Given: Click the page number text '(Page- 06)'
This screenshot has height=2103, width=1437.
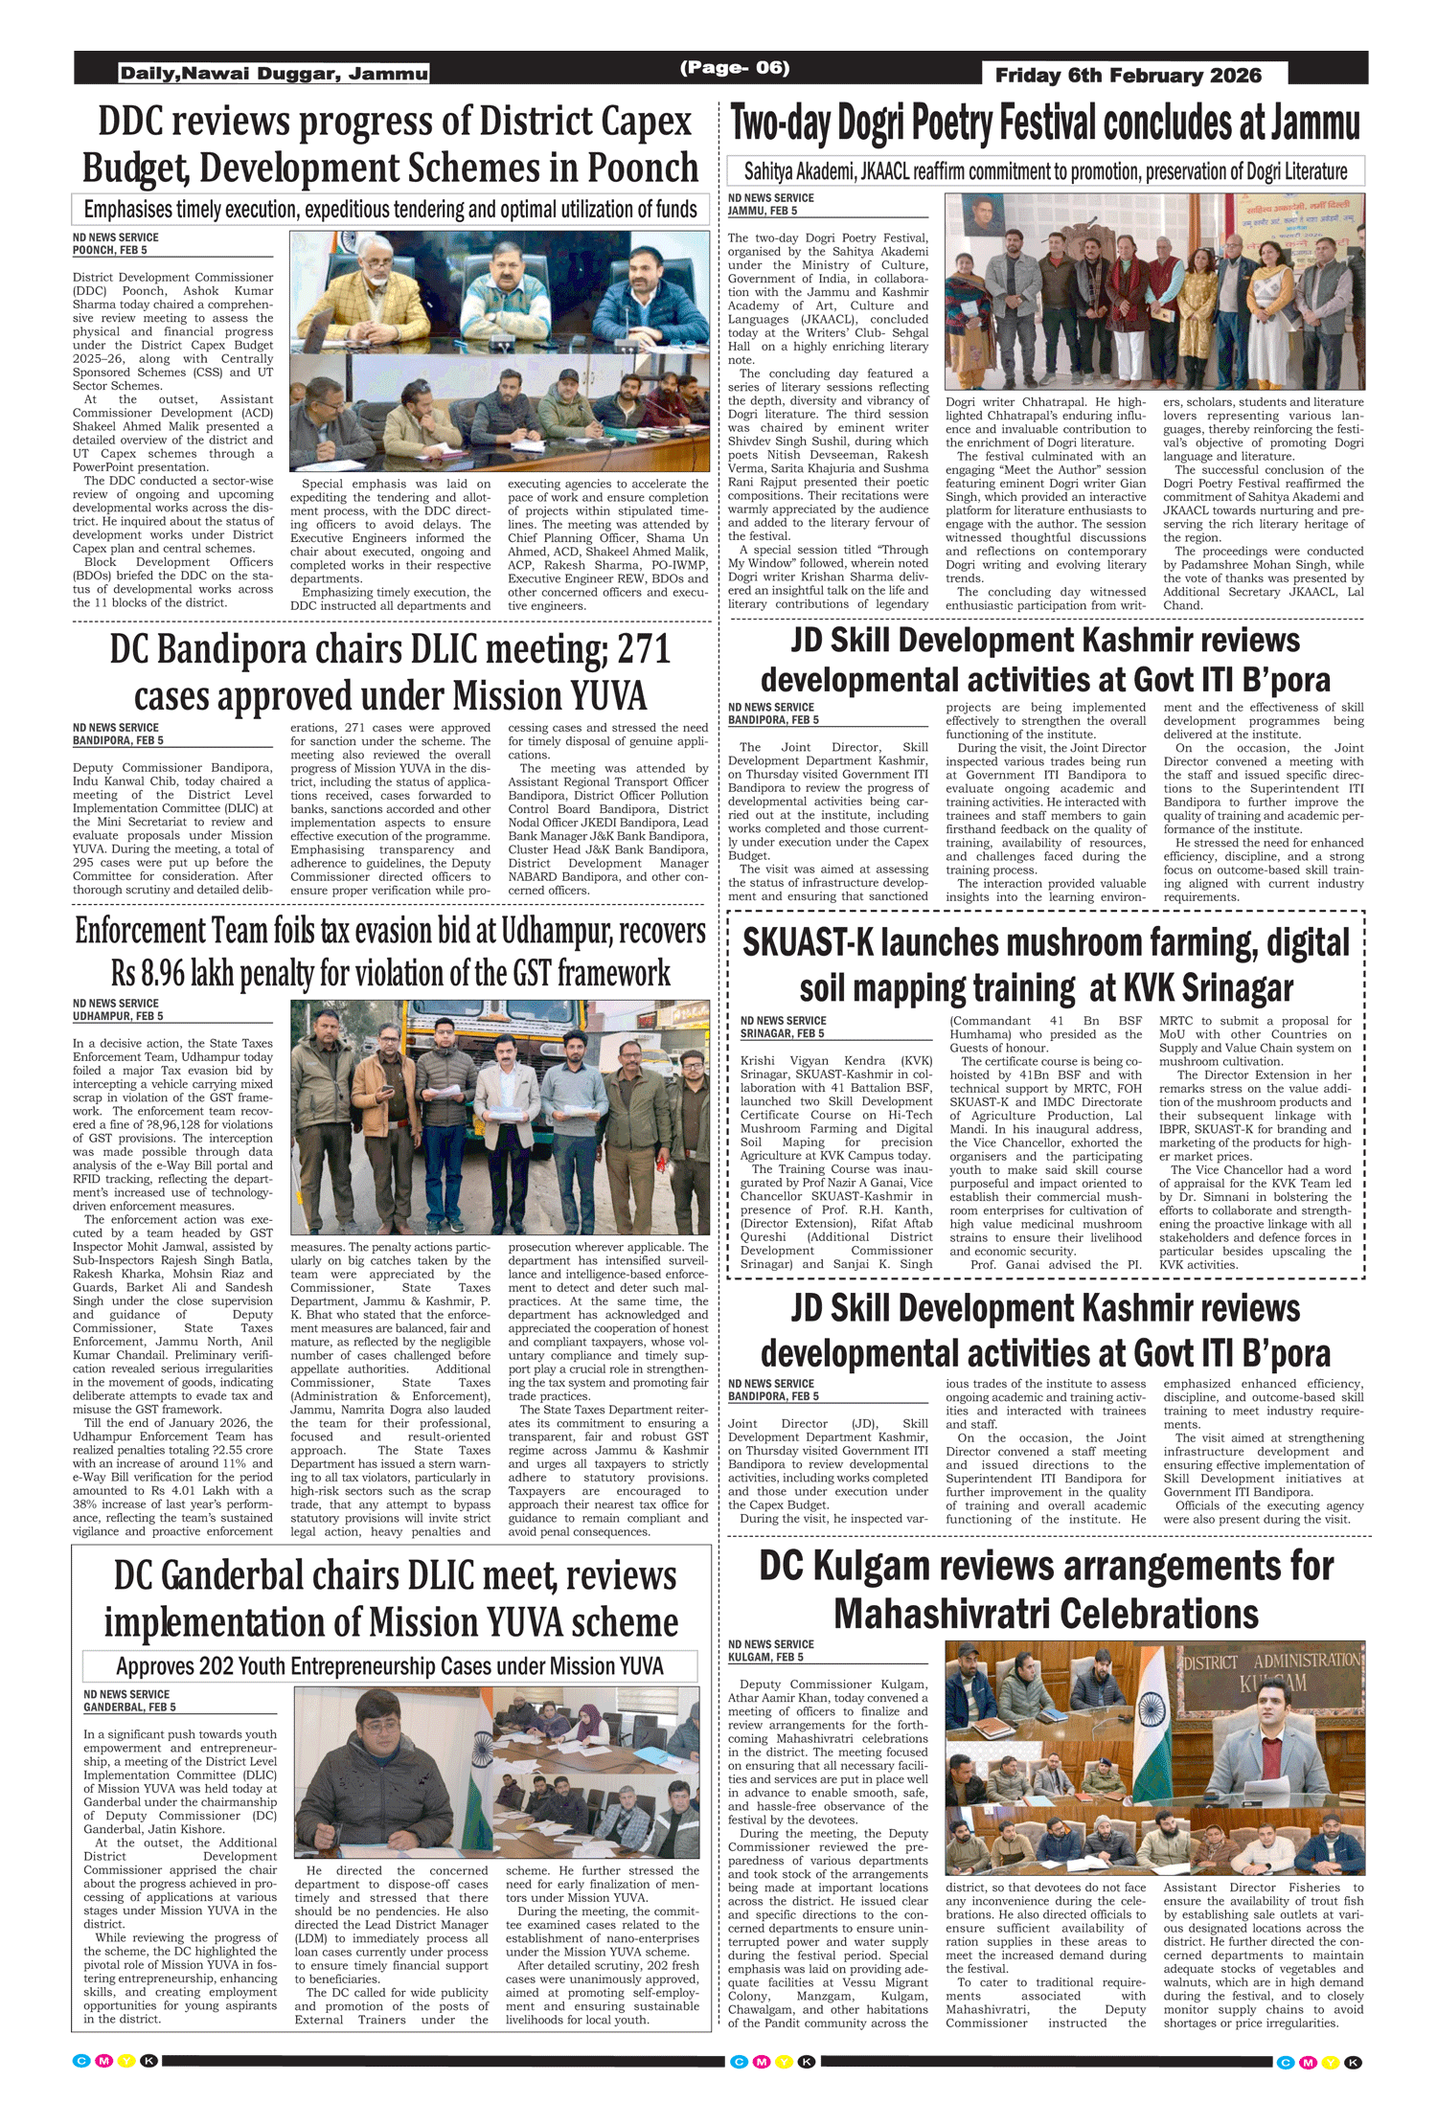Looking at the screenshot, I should pyautogui.click(x=735, y=68).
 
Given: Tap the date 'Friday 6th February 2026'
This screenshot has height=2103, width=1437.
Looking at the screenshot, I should pyautogui.click(x=1128, y=76).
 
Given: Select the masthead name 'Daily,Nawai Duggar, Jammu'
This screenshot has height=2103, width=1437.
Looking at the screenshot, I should pyautogui.click(x=274, y=74).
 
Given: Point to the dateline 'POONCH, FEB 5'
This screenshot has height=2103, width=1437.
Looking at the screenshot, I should pyautogui.click(x=110, y=250).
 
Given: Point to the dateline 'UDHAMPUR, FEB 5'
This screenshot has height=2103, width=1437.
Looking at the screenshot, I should pyautogui.click(x=118, y=1016).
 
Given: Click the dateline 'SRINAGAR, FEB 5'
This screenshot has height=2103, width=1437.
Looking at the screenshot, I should pyautogui.click(x=782, y=1033).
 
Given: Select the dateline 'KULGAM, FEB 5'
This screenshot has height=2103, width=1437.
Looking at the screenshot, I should pyautogui.click(x=765, y=1657).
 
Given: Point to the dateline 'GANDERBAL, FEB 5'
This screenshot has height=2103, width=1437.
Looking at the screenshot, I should pyautogui.click(x=129, y=1707).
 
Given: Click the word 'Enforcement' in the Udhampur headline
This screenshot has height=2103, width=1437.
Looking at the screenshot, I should pyautogui.click(x=140, y=931).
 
